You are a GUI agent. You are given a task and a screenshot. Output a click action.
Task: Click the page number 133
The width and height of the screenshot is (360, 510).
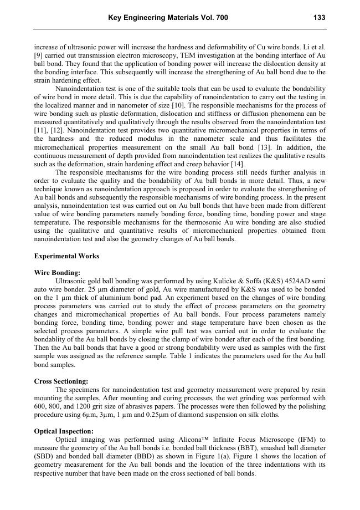pos(319,18)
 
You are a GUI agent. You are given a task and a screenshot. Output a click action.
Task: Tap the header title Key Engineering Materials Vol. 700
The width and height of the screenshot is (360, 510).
pos(168,18)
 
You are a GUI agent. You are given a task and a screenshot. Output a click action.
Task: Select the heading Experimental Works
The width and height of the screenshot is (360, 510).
pos(66,256)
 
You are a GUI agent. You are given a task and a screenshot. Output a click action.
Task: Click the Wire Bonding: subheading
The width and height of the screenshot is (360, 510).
pos(57,273)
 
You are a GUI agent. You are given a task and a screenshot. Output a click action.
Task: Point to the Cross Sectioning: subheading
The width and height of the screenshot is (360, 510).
pos(61,381)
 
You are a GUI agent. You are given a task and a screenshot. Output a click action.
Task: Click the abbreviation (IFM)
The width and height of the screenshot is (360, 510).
pos(304,440)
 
